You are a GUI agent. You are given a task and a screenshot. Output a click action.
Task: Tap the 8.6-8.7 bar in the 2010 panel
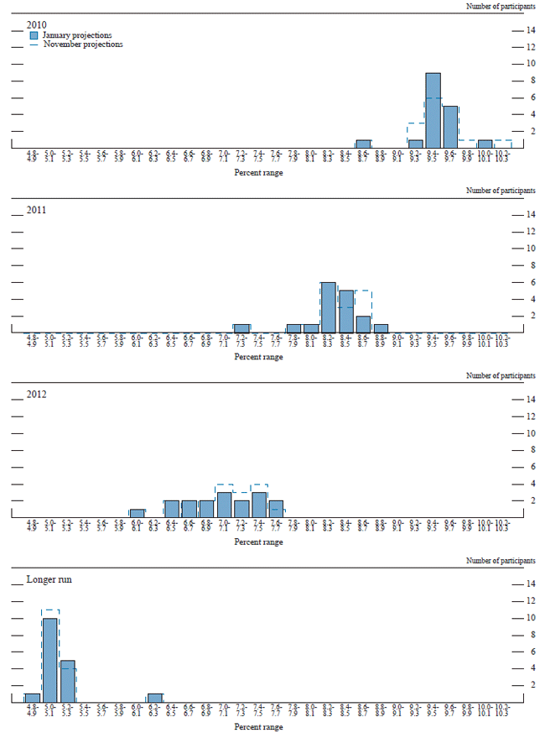363,144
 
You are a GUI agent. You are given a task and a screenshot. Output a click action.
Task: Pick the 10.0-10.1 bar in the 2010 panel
485,144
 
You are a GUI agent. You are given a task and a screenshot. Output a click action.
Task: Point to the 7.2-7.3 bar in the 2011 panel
241,328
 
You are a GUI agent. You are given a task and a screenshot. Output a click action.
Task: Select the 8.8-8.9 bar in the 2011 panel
381,328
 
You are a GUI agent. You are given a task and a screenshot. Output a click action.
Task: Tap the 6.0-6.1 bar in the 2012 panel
138,513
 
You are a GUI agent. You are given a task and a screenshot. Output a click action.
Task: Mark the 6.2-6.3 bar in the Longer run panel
154,698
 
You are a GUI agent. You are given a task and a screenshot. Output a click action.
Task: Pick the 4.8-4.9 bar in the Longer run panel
33,698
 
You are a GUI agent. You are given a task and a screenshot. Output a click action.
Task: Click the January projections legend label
77,35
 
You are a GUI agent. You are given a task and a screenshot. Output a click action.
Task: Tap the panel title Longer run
49,579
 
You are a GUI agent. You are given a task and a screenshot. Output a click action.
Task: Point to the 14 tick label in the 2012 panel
531,399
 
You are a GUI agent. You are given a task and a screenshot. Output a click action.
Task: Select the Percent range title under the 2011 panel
259,357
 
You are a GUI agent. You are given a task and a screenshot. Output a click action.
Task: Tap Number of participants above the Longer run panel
501,560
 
